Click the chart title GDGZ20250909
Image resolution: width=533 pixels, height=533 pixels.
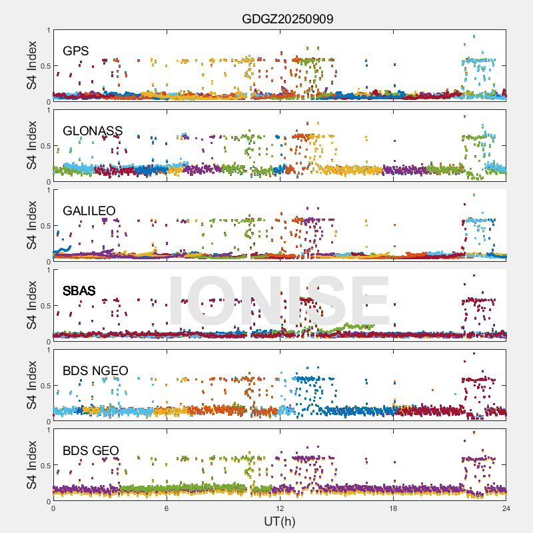(287, 19)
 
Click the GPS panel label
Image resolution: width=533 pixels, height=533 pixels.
(76, 51)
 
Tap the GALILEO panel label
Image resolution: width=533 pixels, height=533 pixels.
(89, 211)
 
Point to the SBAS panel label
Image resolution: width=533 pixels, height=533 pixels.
(79, 291)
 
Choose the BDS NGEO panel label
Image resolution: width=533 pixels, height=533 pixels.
(95, 371)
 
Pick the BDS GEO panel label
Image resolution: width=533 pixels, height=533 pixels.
(91, 451)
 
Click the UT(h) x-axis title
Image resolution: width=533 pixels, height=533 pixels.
(279, 520)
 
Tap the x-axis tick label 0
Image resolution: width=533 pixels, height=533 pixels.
(53, 508)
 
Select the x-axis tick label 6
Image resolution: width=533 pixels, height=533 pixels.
(167, 508)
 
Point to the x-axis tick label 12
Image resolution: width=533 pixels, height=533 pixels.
(280, 508)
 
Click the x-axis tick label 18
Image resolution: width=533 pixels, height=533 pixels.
(393, 508)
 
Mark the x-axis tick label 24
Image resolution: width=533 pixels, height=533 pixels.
(506, 508)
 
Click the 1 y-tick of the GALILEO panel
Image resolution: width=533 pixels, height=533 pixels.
(47, 190)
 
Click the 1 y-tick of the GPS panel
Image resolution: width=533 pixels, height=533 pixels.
(47, 30)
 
